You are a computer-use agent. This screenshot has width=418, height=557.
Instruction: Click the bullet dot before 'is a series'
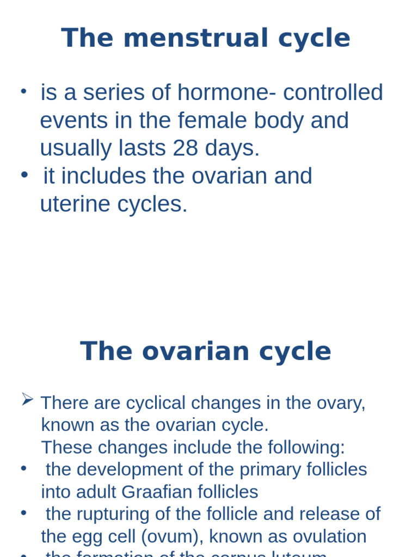tap(23, 91)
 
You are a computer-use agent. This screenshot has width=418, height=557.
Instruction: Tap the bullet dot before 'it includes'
tap(23, 175)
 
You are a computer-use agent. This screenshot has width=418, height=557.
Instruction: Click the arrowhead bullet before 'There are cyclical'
tap(27, 400)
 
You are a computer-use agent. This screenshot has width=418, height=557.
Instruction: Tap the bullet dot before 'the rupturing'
tap(23, 512)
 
